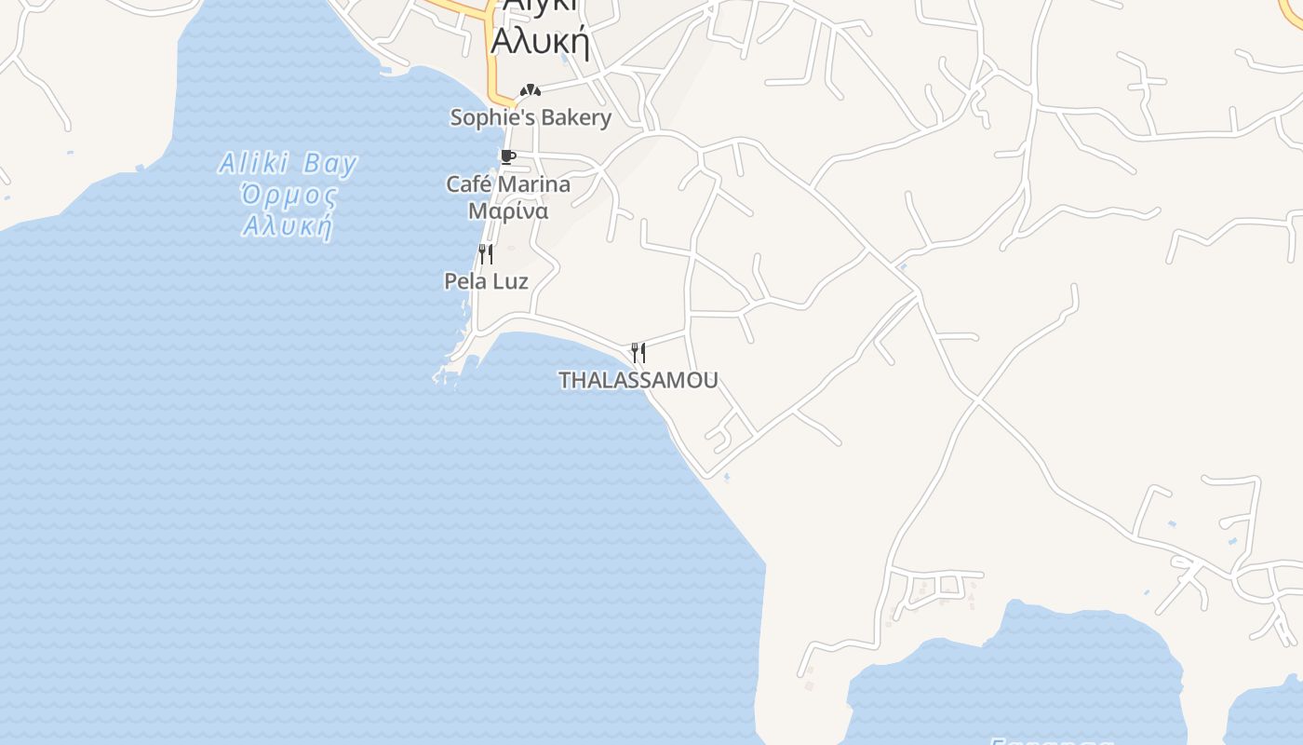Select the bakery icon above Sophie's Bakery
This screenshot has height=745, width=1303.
click(x=531, y=90)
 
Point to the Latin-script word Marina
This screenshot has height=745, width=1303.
click(x=536, y=184)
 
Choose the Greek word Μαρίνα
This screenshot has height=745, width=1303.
click(x=508, y=211)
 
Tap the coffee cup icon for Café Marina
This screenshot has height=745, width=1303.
click(x=507, y=156)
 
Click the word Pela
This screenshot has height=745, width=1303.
click(x=464, y=281)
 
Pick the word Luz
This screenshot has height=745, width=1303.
click(x=511, y=281)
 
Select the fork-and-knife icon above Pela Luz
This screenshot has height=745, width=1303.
click(x=485, y=254)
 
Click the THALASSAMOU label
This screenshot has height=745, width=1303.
click(x=638, y=380)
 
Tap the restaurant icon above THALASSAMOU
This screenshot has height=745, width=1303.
click(x=638, y=353)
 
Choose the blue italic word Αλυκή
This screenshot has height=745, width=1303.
click(x=288, y=226)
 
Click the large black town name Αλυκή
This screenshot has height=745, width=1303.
click(x=540, y=42)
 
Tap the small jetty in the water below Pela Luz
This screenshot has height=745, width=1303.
click(x=445, y=375)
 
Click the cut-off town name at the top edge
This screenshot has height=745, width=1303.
click(x=540, y=5)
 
